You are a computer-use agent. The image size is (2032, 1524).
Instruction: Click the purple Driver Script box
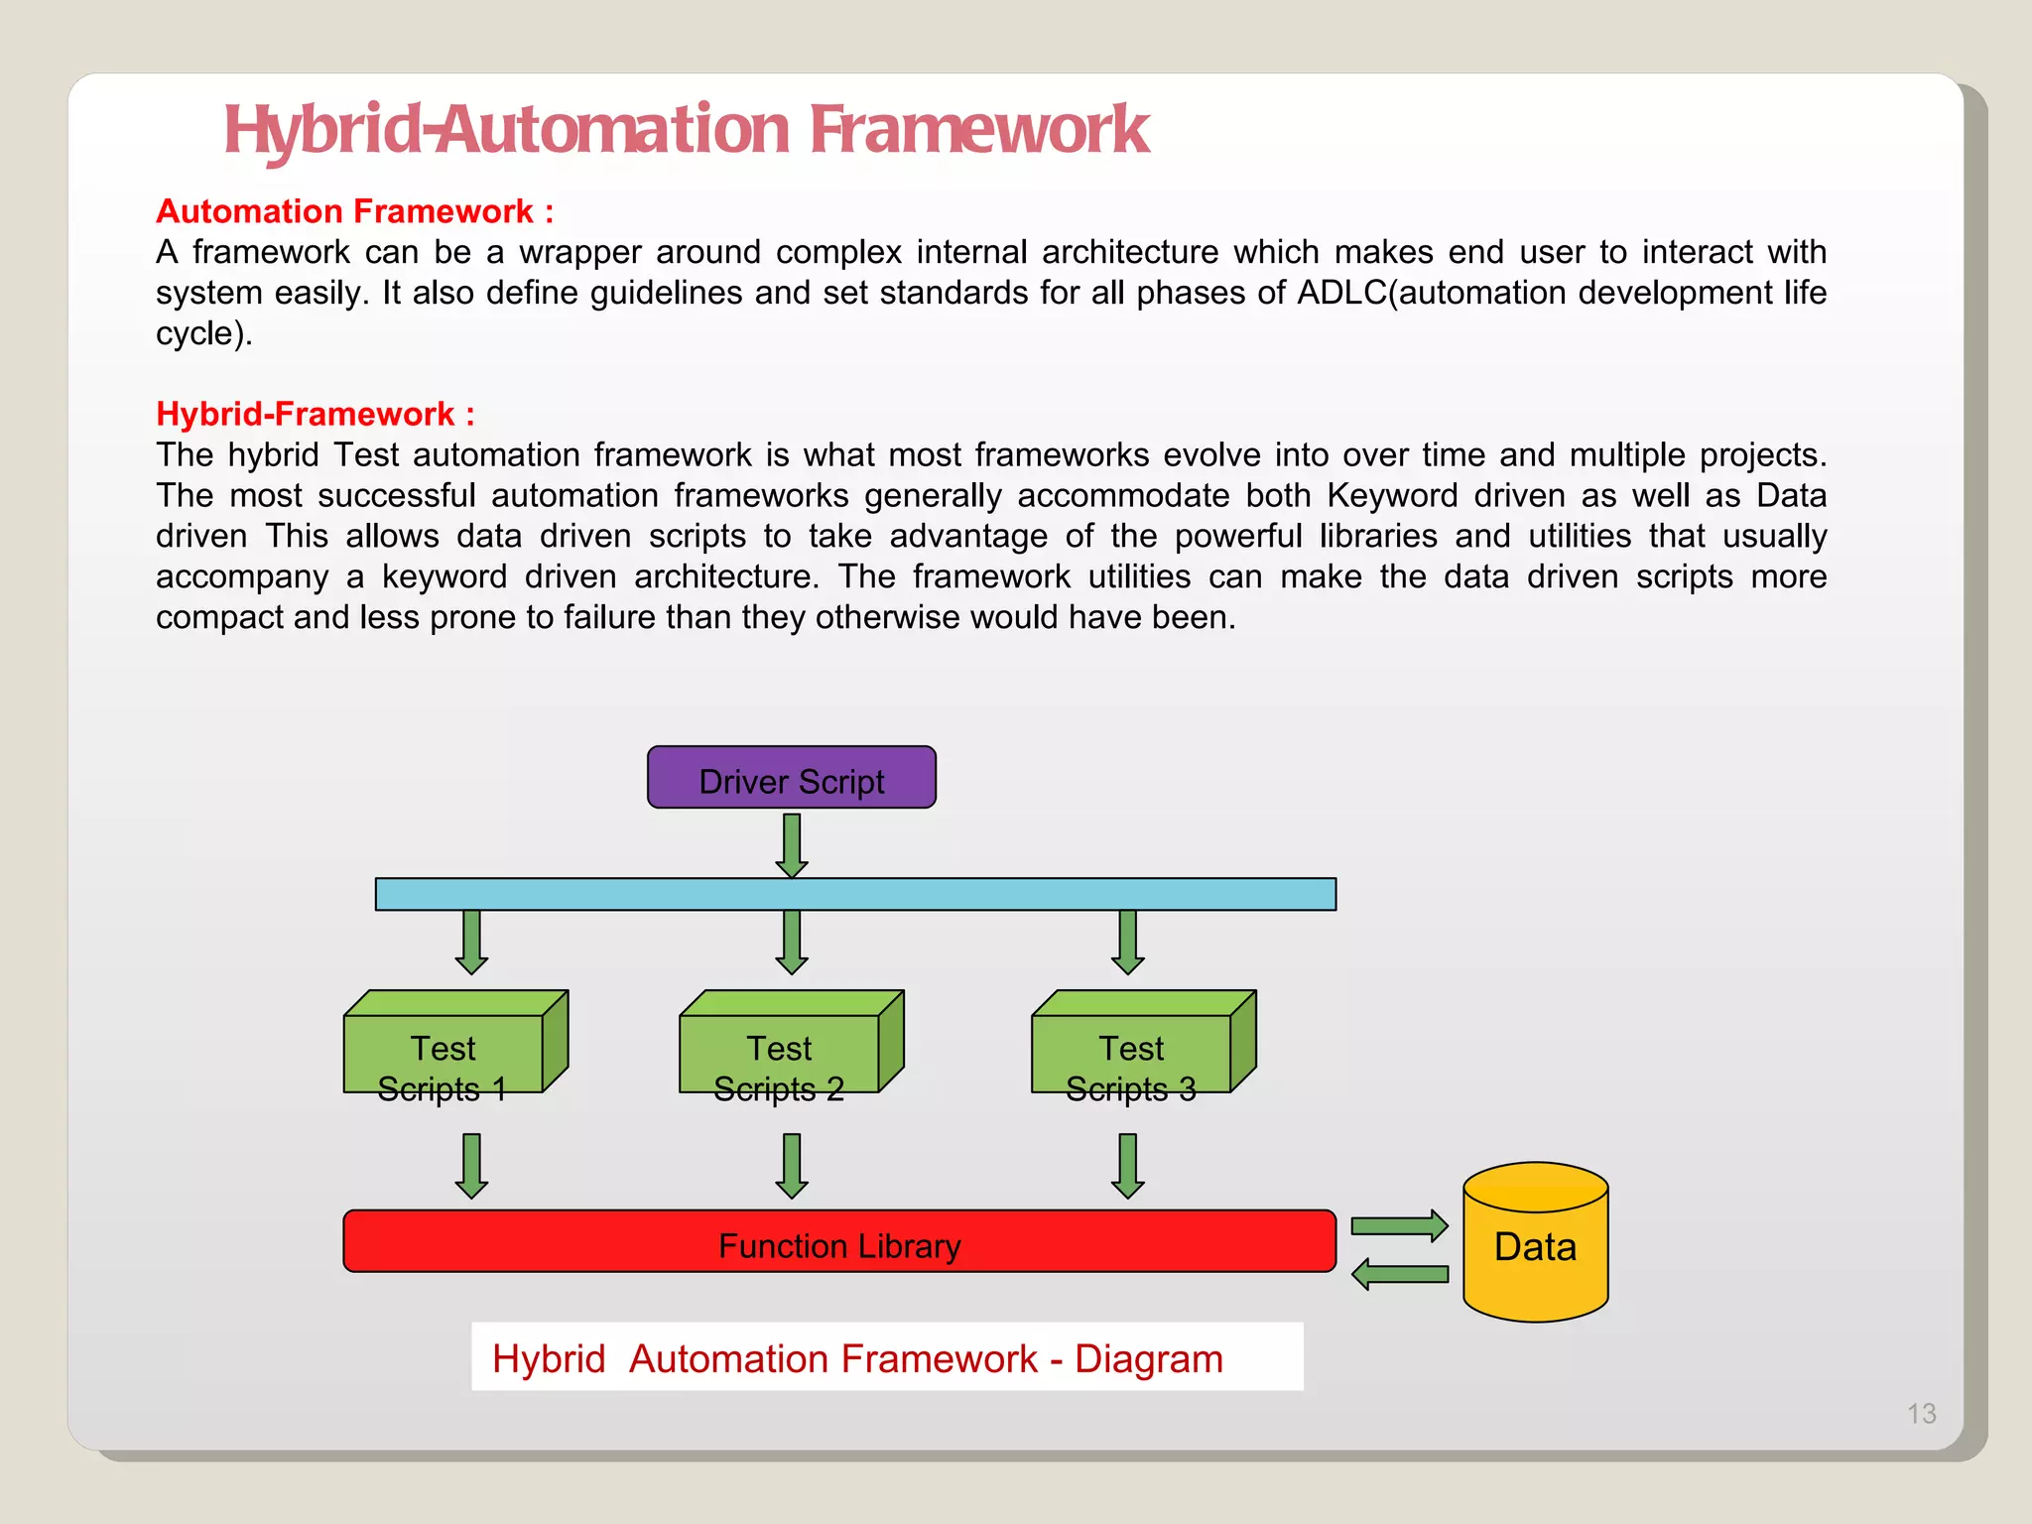pos(791,778)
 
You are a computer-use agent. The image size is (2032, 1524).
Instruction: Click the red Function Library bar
pos(838,1241)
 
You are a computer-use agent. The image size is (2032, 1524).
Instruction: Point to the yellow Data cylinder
pos(1535,1245)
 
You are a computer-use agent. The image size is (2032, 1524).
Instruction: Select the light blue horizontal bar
pos(855,894)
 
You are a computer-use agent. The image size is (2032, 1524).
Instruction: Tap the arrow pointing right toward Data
pos(1399,1226)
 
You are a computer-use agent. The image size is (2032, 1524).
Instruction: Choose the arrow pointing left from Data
pos(1399,1274)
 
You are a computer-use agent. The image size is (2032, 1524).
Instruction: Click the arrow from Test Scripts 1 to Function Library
pos(471,1166)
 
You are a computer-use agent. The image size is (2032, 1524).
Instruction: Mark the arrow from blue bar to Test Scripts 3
pos(1127,942)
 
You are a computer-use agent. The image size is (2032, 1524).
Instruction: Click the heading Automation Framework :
pos(354,211)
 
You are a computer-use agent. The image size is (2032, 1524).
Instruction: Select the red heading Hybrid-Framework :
pos(315,414)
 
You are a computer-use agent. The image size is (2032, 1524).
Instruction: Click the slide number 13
pos(1921,1413)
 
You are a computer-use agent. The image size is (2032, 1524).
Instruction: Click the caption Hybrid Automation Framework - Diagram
pos(857,1358)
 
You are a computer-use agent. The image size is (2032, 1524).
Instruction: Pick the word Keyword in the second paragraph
pos(1392,495)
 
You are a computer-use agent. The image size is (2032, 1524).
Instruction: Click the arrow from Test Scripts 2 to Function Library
pos(792,1166)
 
